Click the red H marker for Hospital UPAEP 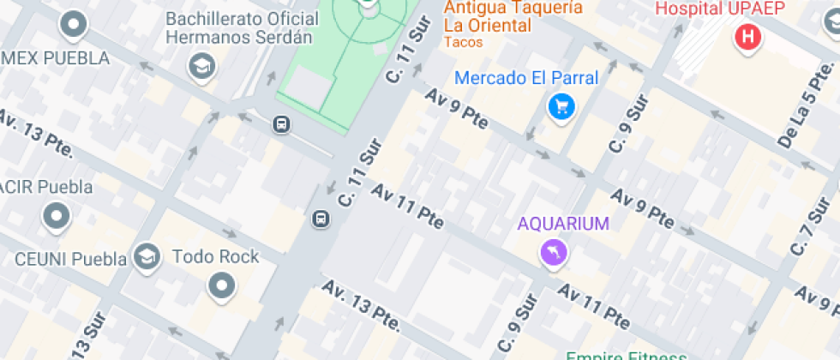[749, 38]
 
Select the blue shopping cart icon [561, 107]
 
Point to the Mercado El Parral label [526, 78]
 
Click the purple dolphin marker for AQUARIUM [553, 252]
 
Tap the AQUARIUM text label [563, 225]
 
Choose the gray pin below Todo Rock [222, 285]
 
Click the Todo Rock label [216, 256]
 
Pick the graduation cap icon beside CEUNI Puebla [147, 256]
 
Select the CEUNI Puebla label [71, 259]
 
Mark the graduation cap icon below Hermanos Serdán [202, 66]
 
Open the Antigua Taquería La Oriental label [513, 17]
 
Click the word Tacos [464, 42]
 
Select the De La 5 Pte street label [799, 117]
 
